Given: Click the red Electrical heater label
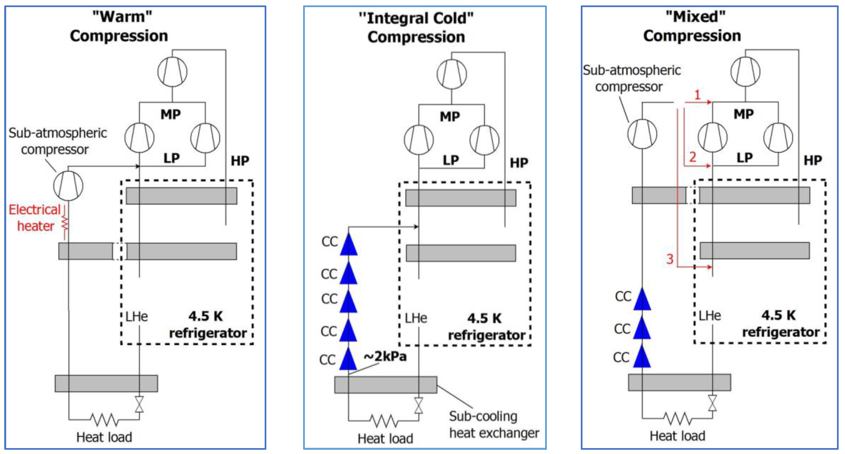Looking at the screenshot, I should coord(34,218).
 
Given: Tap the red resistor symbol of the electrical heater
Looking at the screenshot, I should coord(65,224).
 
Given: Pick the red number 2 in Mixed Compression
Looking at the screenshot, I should coord(692,157).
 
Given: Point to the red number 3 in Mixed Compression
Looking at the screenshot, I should coord(670,259).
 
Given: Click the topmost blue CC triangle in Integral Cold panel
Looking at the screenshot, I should coord(349,245).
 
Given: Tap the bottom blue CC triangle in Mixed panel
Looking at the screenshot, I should coord(642,357).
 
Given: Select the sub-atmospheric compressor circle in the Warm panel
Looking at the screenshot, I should coord(68,186).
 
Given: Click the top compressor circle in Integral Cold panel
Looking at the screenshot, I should coord(452,74).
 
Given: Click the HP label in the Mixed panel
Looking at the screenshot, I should coord(812,160).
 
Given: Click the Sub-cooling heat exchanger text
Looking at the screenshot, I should coord(494,424).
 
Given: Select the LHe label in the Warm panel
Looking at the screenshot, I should coord(137,316).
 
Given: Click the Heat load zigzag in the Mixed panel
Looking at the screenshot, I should coord(678,418).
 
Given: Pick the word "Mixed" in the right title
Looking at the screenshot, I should coord(695,16).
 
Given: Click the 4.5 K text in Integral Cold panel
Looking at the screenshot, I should coord(484,318).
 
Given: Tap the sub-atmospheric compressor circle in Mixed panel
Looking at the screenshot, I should coord(642,134).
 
